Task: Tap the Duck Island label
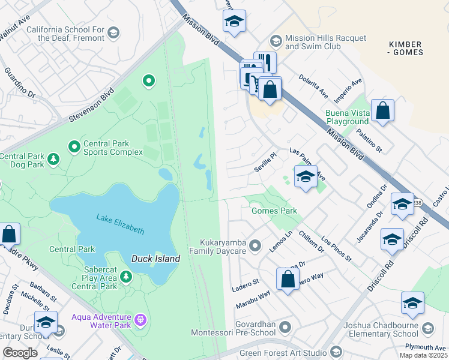point(155,259)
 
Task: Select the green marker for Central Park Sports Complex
point(74,146)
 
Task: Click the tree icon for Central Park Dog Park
point(54,159)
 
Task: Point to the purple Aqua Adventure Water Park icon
point(140,320)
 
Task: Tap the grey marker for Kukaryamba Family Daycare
point(255,245)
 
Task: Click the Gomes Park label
point(274,211)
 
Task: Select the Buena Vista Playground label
point(347,117)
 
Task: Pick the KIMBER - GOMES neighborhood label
point(406,48)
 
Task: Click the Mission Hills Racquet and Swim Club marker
point(276,40)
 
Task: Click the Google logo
point(20,353)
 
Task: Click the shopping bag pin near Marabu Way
point(288,279)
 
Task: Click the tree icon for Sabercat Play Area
point(126,276)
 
